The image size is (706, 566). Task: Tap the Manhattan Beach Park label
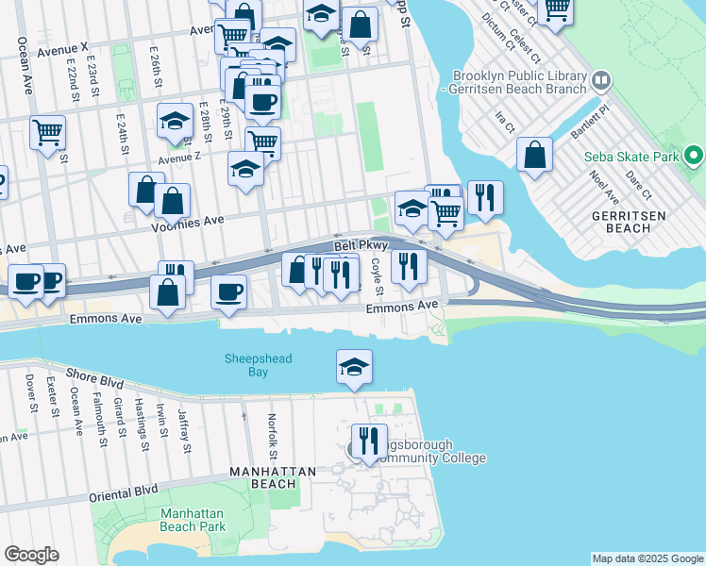[x=193, y=520]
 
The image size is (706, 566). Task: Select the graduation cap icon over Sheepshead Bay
[x=354, y=367]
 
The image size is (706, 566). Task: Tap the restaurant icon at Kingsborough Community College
[x=368, y=441]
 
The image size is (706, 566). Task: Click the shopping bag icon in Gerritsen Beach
[x=534, y=155]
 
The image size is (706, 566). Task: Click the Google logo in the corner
[x=31, y=555]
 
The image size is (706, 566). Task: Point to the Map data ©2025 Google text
[x=647, y=558]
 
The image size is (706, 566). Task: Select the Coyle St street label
[x=377, y=275]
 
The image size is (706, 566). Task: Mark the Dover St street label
[x=31, y=395]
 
